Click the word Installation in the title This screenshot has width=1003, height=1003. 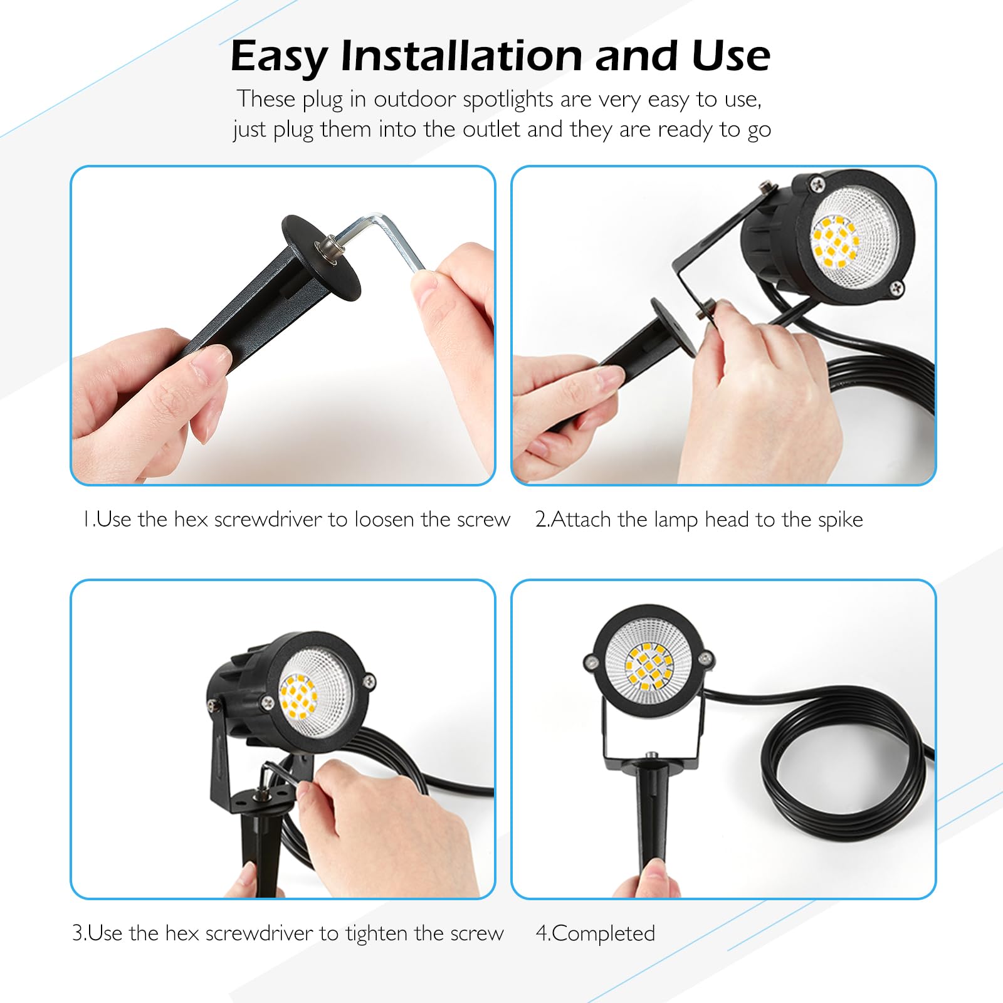click(462, 56)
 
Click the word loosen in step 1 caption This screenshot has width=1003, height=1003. click(384, 520)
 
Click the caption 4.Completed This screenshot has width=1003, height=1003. click(595, 933)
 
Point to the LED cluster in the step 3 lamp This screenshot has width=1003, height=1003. click(298, 696)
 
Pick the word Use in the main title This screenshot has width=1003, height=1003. click(731, 56)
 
